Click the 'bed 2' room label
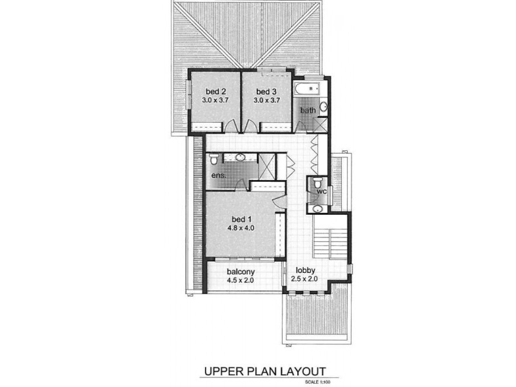215,91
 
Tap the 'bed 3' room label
265,91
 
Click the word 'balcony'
239,272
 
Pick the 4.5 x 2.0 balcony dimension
239,281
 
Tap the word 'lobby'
305,270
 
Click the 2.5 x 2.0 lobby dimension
305,280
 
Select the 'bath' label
308,110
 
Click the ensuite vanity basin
240,157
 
